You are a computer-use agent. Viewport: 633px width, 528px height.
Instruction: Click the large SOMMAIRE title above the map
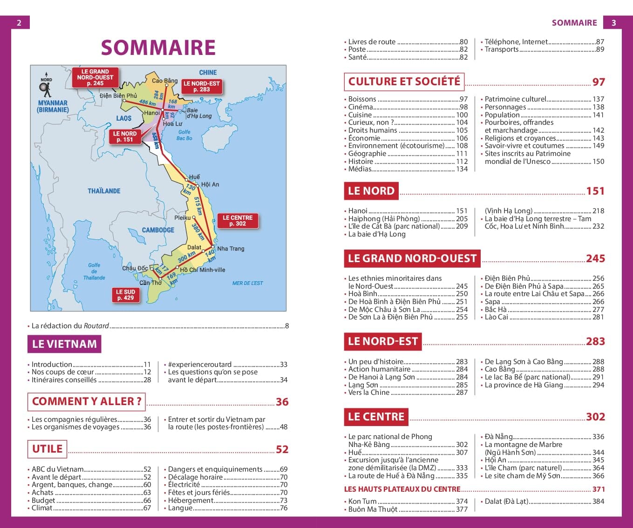pyautogui.click(x=158, y=47)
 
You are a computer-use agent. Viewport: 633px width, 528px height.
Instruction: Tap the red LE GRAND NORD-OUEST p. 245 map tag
pyautogui.click(x=95, y=77)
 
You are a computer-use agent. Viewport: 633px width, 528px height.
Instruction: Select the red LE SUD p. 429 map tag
pyautogui.click(x=125, y=295)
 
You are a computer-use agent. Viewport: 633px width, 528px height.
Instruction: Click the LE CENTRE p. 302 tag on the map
pyautogui.click(x=238, y=221)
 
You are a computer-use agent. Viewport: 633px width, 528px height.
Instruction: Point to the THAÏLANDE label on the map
pyautogui.click(x=104, y=191)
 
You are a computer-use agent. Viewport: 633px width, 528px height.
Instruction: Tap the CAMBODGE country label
pyautogui.click(x=158, y=230)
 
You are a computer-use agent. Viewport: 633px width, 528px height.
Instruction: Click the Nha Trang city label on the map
pyautogui.click(x=231, y=249)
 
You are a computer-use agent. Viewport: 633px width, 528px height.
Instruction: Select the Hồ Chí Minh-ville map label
pyautogui.click(x=202, y=270)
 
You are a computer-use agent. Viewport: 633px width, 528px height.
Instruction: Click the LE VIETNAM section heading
pyautogui.click(x=64, y=344)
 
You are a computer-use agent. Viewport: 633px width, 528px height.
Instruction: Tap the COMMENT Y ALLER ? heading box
pyautogui.click(x=87, y=401)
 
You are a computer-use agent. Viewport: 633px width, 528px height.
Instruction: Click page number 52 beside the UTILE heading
pyautogui.click(x=282, y=449)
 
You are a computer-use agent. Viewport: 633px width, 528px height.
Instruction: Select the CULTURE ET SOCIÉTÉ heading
pyautogui.click(x=404, y=81)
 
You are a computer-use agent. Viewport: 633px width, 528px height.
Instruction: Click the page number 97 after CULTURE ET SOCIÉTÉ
pyautogui.click(x=599, y=82)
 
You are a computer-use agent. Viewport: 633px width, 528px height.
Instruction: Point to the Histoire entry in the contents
pyautogui.click(x=361, y=162)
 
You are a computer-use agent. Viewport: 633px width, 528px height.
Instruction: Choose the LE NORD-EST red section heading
pyautogui.click(x=382, y=341)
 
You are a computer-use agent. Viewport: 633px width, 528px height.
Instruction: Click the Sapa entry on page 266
pyautogui.click(x=492, y=302)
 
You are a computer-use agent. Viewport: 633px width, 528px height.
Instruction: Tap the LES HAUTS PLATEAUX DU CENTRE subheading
pyautogui.click(x=402, y=489)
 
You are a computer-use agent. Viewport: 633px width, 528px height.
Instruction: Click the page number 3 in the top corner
pyautogui.click(x=613, y=22)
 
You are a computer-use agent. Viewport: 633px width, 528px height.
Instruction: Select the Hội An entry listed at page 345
pyautogui.click(x=496, y=460)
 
